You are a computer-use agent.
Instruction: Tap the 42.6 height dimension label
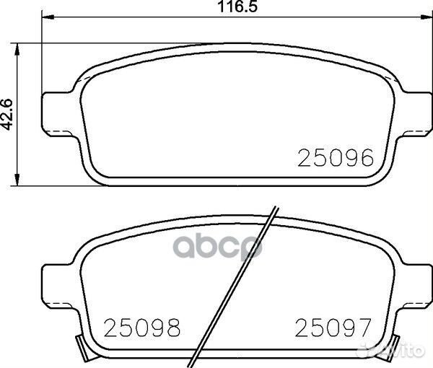pos(9,114)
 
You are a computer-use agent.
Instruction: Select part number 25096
pos(336,157)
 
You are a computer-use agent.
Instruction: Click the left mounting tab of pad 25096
pos(58,112)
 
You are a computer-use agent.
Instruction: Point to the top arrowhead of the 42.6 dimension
pos(18,48)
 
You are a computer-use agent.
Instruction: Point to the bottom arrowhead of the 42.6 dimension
pos(18,180)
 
